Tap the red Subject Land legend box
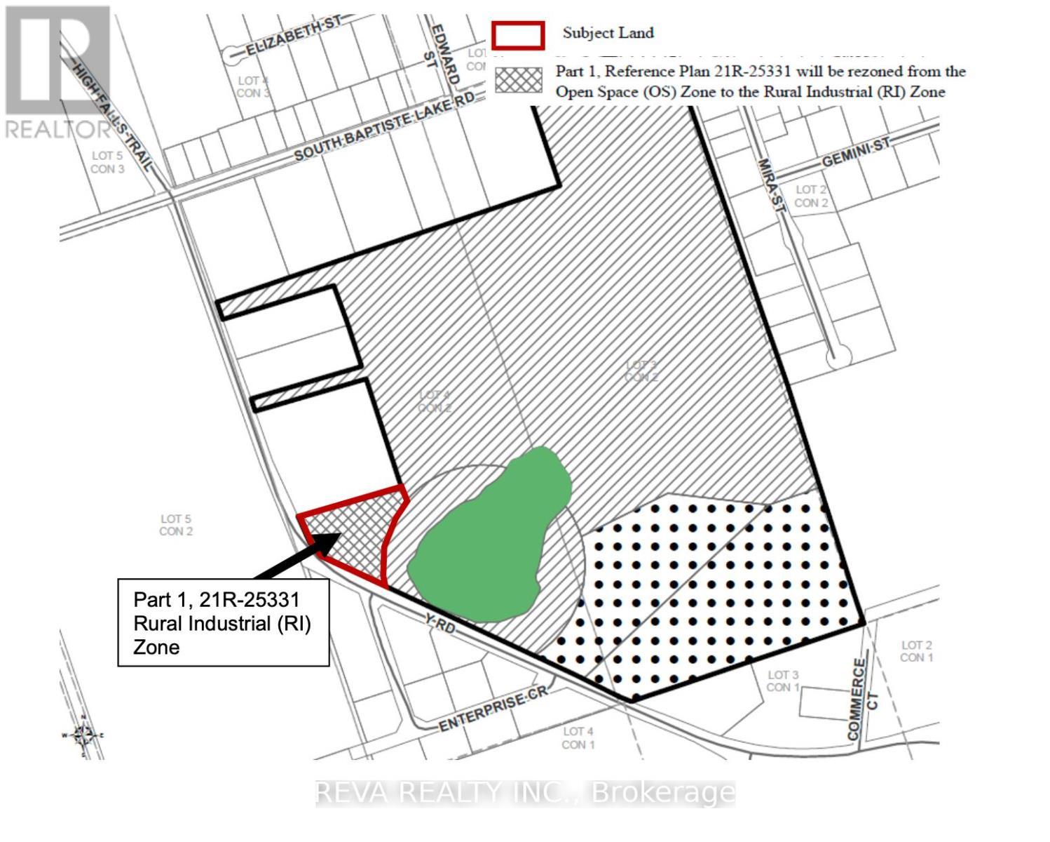point(518,35)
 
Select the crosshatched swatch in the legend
point(519,80)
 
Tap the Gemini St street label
point(855,152)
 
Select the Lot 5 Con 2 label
point(176,525)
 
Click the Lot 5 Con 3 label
point(107,162)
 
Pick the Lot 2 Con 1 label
point(916,651)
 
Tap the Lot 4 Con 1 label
point(578,737)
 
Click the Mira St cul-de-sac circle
point(838,358)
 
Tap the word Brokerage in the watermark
point(663,793)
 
